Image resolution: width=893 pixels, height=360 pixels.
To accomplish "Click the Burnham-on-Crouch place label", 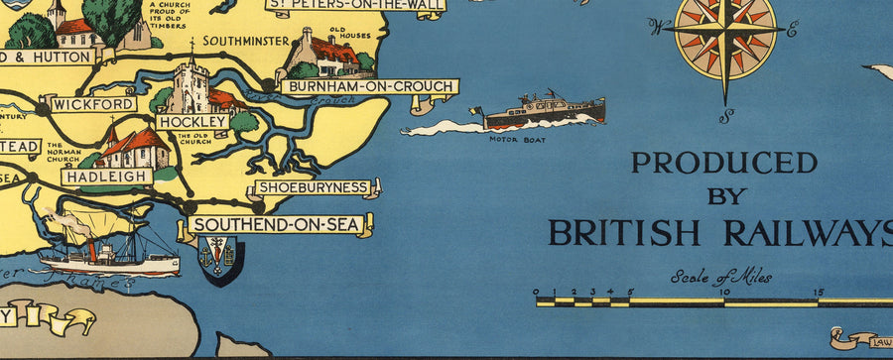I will tap(368, 86).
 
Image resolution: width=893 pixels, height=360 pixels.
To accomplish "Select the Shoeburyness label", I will tap(314, 186).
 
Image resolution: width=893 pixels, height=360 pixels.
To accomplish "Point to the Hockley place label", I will tap(192, 121).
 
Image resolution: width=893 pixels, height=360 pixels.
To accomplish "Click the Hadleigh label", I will tap(107, 176).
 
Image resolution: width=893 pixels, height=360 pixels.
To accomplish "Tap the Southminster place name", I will tap(244, 41).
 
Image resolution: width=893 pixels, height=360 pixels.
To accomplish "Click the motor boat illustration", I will tap(544, 112).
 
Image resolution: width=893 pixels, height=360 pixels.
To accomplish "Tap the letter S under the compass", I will tap(726, 115).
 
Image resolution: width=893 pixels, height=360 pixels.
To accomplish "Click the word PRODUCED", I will tap(723, 163).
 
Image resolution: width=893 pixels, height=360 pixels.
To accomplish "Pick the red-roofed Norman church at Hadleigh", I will tap(135, 147).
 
